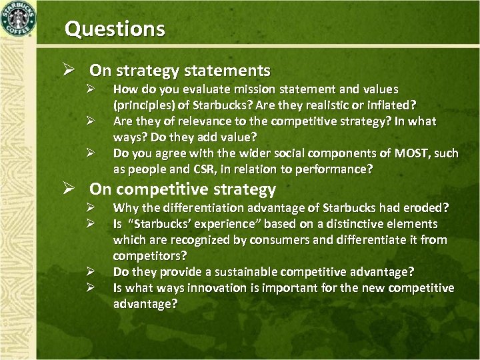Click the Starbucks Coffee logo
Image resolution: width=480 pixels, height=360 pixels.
[19, 19]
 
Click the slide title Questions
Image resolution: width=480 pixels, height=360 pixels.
[114, 29]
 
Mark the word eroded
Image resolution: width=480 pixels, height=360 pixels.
[429, 208]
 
